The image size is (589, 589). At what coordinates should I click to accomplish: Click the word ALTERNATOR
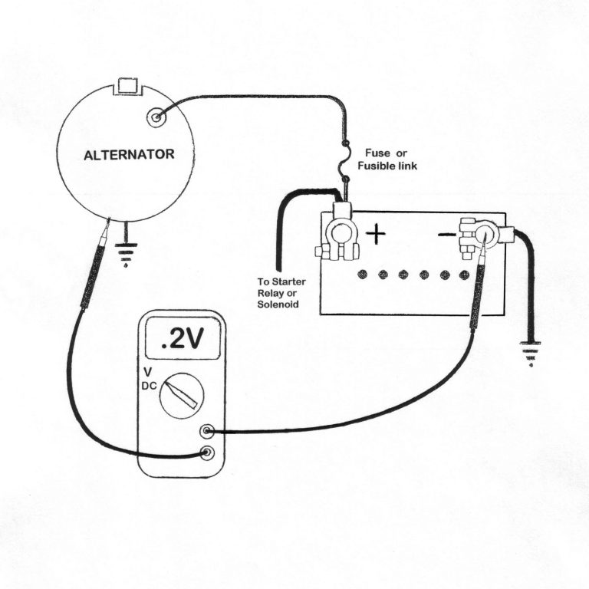point(129,154)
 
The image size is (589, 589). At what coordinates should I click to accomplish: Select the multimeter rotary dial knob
point(182,395)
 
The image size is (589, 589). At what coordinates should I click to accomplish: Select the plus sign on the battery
point(376,233)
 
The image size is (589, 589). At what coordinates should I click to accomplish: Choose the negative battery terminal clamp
point(476,233)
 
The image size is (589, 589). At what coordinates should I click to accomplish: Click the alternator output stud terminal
point(156,117)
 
